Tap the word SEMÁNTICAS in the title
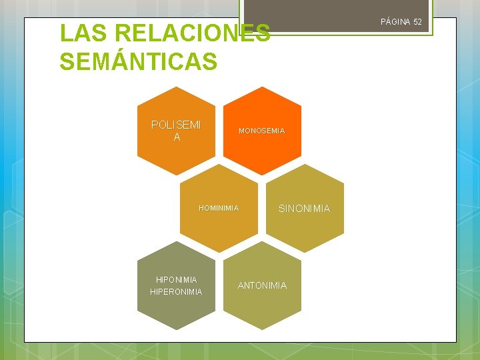tap(138, 62)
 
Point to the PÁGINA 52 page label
tap(401, 22)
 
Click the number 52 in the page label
tap(417, 22)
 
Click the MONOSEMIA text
tap(262, 131)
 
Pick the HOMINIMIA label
tap(219, 208)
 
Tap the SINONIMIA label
tap(304, 209)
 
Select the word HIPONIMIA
tap(176, 279)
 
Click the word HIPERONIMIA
tap(176, 292)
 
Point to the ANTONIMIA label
tap(262, 285)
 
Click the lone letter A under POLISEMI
tap(176, 137)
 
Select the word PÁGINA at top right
tap(395, 22)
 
